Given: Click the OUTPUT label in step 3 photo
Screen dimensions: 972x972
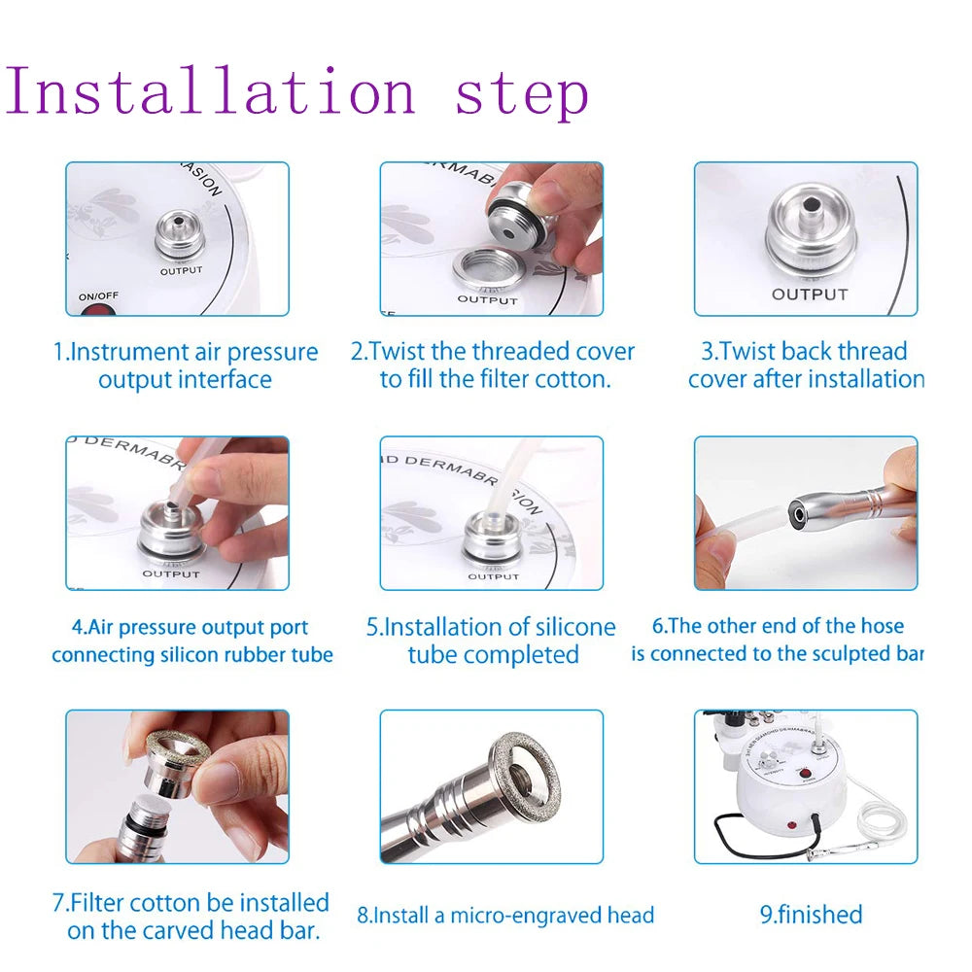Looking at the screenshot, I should (809, 294).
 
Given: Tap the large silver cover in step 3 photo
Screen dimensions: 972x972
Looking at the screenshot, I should (810, 236).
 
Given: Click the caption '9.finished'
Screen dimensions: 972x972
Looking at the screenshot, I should (811, 915).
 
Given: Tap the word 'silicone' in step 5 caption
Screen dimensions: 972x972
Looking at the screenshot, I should (574, 627).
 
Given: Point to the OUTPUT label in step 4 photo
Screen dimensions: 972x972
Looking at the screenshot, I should (170, 574).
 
